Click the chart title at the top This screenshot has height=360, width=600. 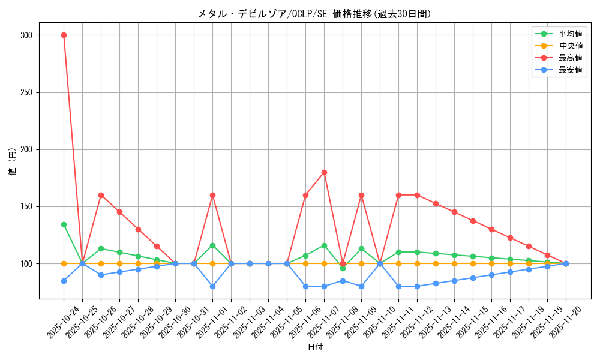click(x=314, y=14)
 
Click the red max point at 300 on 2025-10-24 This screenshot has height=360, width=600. click(x=64, y=35)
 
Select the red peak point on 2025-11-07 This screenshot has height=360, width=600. click(x=324, y=172)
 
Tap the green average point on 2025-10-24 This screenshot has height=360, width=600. click(x=64, y=224)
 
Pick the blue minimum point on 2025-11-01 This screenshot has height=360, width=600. click(x=212, y=286)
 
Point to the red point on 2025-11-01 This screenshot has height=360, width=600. click(x=212, y=195)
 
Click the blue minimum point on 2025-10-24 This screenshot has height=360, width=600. click(x=64, y=281)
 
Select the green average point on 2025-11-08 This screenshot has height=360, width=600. click(x=343, y=268)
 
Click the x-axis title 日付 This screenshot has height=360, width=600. click(x=315, y=347)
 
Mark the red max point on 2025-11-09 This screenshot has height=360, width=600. click(x=361, y=195)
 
